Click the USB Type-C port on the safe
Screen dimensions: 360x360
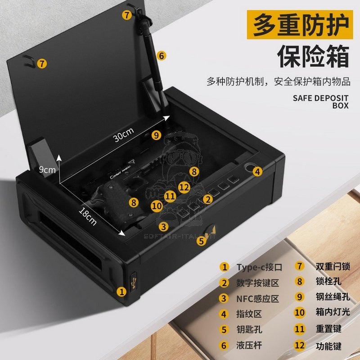pos(133,284)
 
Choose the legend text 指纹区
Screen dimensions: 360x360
pos(249,314)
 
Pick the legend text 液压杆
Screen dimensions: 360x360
pos(249,345)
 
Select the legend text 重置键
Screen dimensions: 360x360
pos(328,329)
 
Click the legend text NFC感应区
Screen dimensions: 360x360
pos(258,298)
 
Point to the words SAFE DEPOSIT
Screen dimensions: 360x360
pos(320,98)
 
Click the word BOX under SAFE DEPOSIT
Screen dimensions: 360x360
pos(340,106)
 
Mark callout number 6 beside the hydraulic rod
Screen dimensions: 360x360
pos(162,55)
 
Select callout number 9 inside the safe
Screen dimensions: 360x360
pos(156,134)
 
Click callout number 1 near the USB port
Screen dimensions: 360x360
pos(121,291)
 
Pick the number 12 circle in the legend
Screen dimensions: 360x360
pos(299,346)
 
